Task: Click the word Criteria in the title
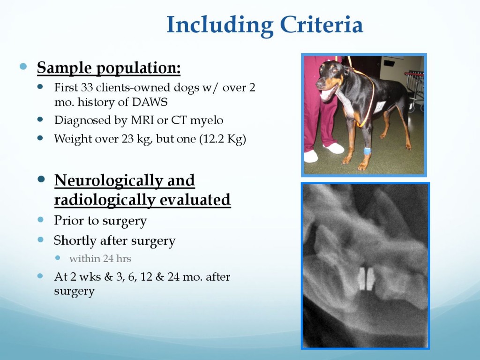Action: [322, 25]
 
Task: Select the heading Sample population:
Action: [109, 68]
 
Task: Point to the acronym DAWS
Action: [150, 102]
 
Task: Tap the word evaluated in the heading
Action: [195, 200]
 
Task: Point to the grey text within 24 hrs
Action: [100, 259]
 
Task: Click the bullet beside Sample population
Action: [23, 67]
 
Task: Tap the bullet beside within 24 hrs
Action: [58, 258]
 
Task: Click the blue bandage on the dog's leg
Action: [367, 151]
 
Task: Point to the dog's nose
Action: [319, 83]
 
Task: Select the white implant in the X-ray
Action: [367, 278]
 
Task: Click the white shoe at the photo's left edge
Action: [311, 157]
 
